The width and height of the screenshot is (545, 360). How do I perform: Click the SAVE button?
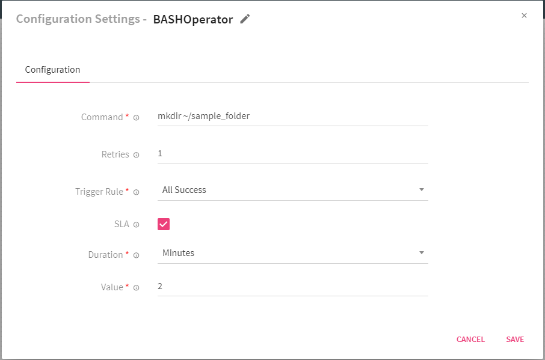point(515,340)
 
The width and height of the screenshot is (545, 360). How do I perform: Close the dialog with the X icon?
point(524,16)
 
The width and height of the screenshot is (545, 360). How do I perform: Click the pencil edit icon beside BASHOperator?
point(245,19)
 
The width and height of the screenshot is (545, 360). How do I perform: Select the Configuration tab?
point(52,70)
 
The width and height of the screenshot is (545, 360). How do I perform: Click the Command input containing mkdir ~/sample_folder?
point(292,117)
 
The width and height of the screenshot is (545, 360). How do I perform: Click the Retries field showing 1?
point(292,154)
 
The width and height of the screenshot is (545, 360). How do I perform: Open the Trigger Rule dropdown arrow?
point(422,190)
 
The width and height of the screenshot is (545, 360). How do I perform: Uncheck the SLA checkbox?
point(164,224)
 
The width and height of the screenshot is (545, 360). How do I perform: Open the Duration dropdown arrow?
point(422,253)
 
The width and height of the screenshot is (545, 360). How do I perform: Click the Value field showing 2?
point(292,287)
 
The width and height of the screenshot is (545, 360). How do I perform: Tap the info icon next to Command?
point(136,118)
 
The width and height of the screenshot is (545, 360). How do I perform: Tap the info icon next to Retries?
point(136,155)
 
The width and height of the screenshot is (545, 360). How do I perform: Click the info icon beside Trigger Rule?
point(136,192)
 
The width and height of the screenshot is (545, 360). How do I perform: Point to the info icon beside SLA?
point(136,225)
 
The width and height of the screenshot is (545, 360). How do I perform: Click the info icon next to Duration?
point(136,255)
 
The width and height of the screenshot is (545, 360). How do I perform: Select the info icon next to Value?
point(136,288)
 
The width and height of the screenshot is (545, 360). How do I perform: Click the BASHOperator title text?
point(192,19)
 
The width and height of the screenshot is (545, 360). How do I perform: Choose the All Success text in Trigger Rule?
point(184,190)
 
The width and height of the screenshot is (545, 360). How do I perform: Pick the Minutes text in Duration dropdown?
point(178,253)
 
